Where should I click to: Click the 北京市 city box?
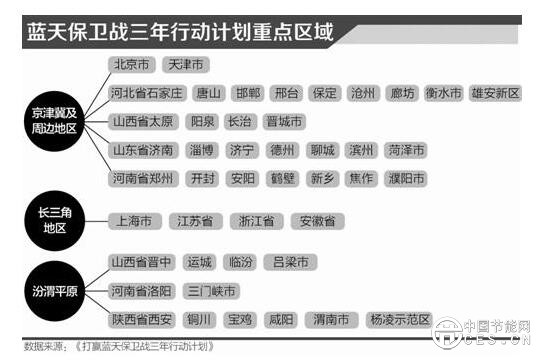coord(132,65)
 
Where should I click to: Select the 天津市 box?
coord(186,65)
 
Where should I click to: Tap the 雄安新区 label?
coord(496,93)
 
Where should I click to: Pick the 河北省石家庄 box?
coord(146,93)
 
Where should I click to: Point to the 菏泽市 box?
coord(405,150)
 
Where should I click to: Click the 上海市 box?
coord(134,220)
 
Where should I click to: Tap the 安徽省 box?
coord(319,220)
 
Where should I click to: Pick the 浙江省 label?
coord(257,220)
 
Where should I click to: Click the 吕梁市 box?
coord(291,262)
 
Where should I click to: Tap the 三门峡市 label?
coord(211,291)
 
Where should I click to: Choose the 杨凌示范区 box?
coord(399,320)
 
